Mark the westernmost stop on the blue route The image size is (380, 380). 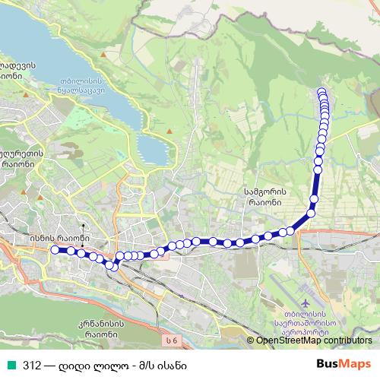[x=54, y=249]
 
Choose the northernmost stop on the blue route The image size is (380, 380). [x=321, y=93]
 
